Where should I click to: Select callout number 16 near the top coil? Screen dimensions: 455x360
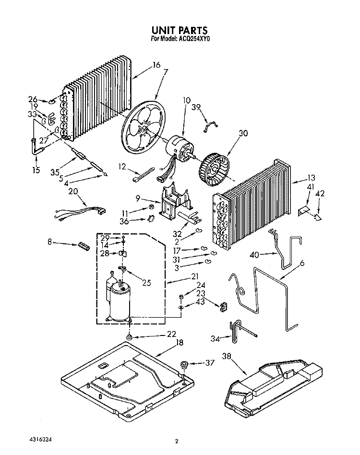click(x=156, y=65)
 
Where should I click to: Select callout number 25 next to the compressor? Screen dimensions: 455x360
click(x=146, y=283)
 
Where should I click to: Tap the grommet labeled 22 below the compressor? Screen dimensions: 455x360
click(x=130, y=339)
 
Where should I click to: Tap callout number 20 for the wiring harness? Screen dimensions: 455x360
click(x=73, y=191)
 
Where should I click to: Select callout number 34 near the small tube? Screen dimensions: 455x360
click(x=216, y=339)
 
